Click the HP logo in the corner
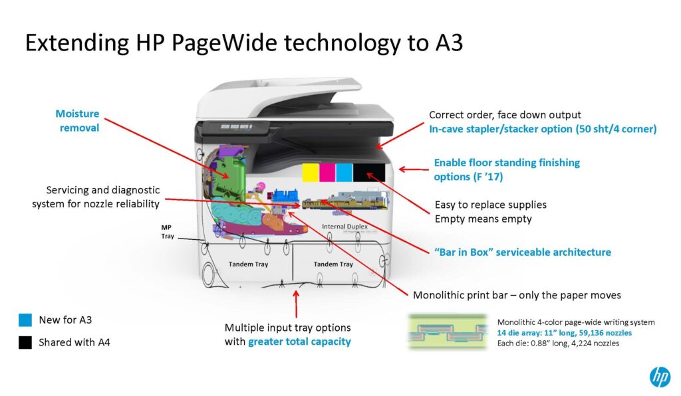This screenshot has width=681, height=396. (660, 377)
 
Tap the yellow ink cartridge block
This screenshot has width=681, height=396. (311, 172)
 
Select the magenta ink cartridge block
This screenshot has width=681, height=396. (327, 172)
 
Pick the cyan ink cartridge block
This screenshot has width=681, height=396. (344, 172)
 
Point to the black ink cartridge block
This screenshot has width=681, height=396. (369, 172)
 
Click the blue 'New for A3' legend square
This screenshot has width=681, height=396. (25, 320)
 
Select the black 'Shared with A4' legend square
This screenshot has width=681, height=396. (25, 343)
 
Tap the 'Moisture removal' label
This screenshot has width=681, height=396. (78, 120)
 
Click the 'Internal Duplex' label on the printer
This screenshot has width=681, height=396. (345, 227)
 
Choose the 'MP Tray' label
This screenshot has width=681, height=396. (167, 232)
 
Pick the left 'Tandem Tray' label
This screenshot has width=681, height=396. (249, 264)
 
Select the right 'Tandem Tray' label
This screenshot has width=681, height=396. (333, 264)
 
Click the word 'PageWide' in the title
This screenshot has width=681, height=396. (224, 43)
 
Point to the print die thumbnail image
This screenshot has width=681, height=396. (448, 332)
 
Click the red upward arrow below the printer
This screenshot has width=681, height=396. (296, 304)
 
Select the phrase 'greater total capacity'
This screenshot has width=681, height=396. (299, 342)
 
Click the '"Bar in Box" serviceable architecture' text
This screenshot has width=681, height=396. (523, 252)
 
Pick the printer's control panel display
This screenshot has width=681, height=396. (237, 127)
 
